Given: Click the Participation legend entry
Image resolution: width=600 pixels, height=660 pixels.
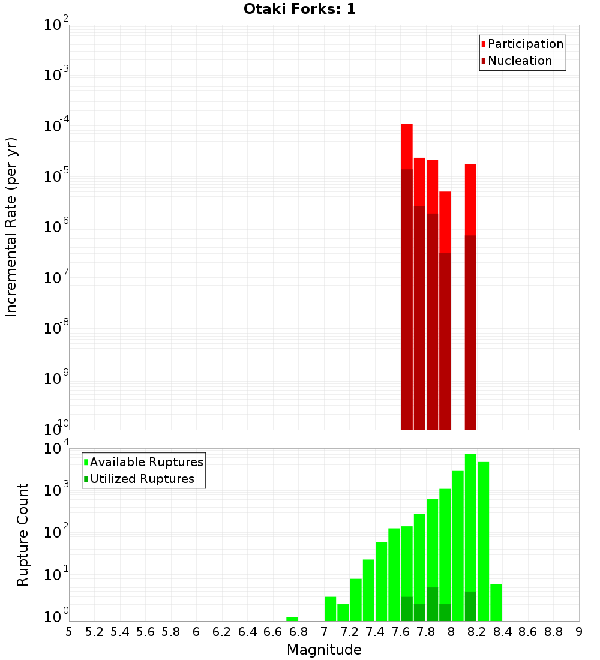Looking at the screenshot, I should pyautogui.click(x=525, y=44).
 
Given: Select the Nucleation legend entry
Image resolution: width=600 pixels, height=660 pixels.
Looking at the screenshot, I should pyautogui.click(x=520, y=61).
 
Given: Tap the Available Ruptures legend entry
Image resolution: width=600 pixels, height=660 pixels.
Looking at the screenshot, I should pyautogui.click(x=146, y=462).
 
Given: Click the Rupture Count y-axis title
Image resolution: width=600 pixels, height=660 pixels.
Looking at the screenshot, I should pyautogui.click(x=23, y=535).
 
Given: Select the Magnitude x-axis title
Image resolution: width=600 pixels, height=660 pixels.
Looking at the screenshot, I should pyautogui.click(x=324, y=649).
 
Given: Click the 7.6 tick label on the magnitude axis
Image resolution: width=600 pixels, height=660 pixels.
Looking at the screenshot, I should pyautogui.click(x=400, y=632).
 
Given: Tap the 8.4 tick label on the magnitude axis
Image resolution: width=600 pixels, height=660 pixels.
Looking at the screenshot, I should pyautogui.click(x=502, y=632).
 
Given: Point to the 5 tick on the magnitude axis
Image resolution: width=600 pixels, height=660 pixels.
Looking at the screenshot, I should pyautogui.click(x=68, y=632).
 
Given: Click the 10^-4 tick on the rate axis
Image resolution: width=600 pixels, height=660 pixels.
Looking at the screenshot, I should pyautogui.click(x=56, y=126).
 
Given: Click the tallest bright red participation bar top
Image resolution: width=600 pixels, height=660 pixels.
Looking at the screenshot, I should pyautogui.click(x=407, y=125).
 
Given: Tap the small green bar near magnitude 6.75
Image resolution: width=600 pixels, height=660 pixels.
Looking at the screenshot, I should pyautogui.click(x=292, y=619).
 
